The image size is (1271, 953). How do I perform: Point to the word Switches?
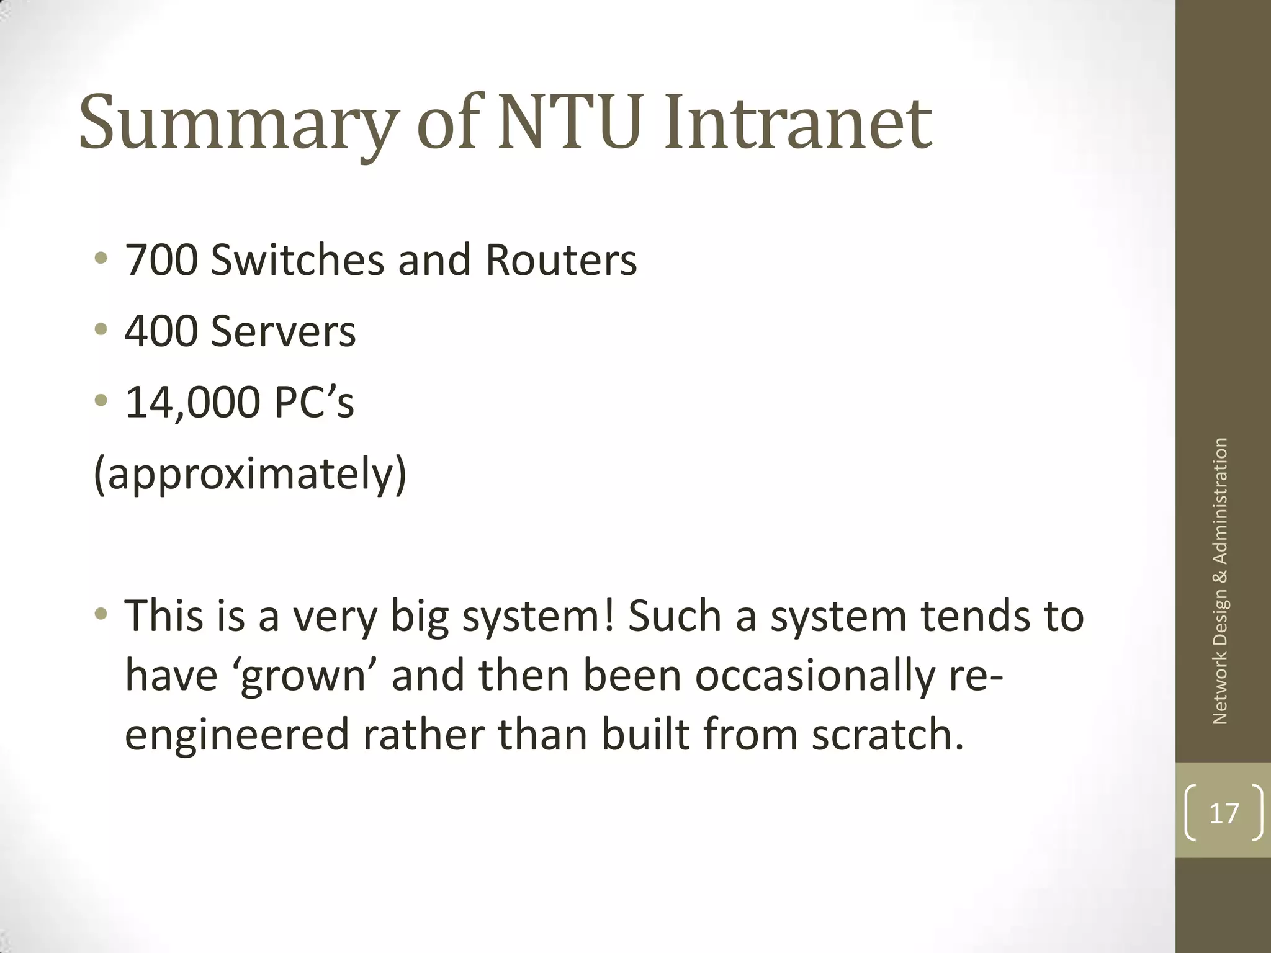point(297,260)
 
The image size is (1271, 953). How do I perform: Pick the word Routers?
point(561,260)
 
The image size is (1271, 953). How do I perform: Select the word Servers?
point(283,331)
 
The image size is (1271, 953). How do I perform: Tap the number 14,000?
point(192,403)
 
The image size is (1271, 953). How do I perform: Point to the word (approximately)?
point(249,475)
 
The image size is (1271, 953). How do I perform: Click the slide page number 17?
point(1224,813)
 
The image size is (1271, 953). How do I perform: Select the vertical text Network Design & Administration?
point(1219,581)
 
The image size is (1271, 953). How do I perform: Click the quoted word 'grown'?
point(303,676)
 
